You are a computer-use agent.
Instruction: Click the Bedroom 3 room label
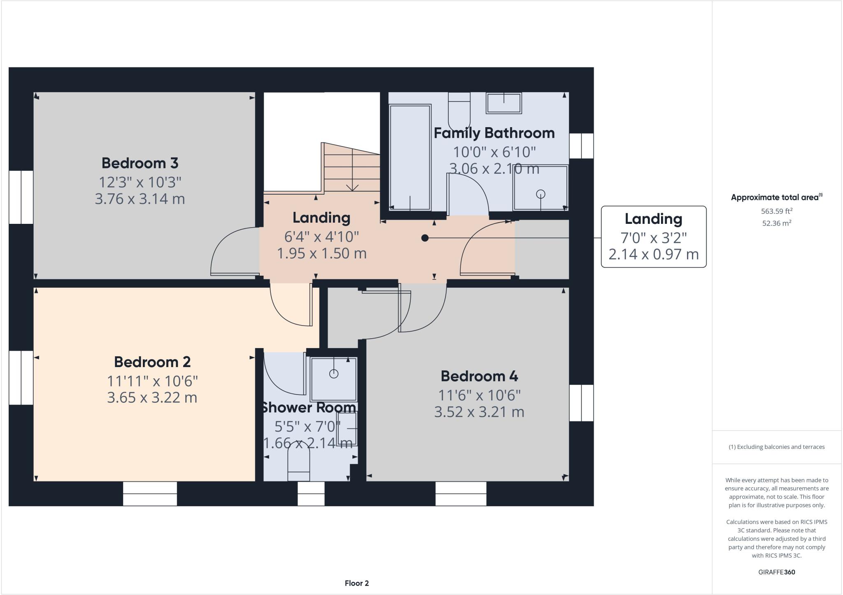click(140, 163)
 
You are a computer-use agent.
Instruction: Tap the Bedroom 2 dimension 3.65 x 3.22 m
click(152, 398)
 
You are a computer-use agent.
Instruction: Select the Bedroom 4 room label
click(479, 376)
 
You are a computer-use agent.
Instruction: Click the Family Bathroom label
click(494, 133)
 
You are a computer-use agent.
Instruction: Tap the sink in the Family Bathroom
click(504, 103)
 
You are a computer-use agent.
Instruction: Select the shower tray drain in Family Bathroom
click(540, 194)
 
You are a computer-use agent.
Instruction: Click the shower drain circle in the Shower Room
click(334, 374)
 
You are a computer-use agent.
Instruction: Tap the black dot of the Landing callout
click(425, 238)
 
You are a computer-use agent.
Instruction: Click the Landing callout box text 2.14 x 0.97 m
click(653, 254)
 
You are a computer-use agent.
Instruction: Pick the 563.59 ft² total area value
click(776, 211)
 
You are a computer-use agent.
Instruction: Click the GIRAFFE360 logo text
click(776, 572)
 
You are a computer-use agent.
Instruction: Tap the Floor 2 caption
click(357, 583)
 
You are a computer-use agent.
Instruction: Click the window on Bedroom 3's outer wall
click(21, 197)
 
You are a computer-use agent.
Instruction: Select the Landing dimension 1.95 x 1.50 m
click(321, 253)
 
